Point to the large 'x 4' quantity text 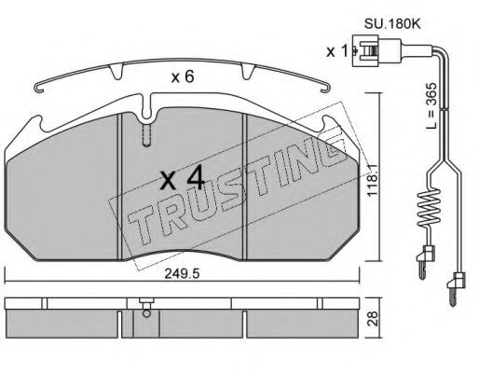pyautogui.click(x=183, y=179)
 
